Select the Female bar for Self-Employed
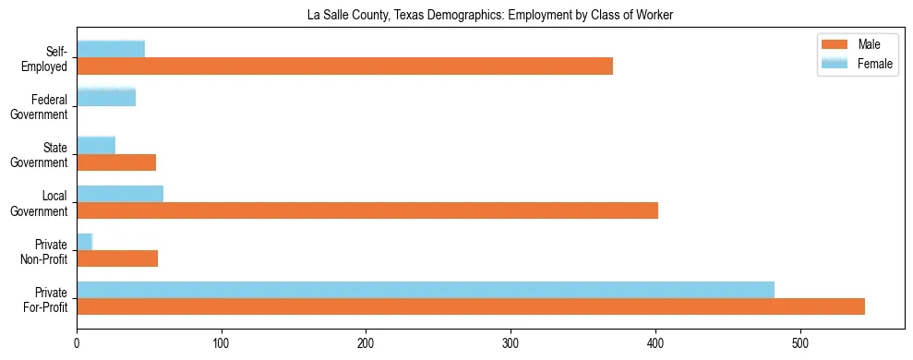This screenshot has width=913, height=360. (111, 49)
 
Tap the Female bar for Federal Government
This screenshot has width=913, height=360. (106, 97)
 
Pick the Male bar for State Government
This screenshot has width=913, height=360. (116, 162)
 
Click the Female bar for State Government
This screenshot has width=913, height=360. (96, 145)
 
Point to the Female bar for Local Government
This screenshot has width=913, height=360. (120, 193)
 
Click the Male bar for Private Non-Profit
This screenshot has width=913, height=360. (117, 258)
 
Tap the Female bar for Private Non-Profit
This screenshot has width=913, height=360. (85, 241)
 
